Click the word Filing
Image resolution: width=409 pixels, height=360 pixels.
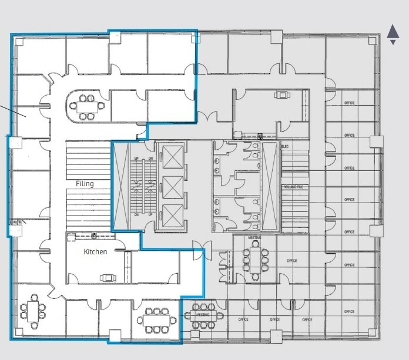pos(85,184)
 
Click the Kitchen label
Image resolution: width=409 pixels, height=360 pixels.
pos(95,252)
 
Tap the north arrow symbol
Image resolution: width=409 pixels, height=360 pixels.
pos(393,34)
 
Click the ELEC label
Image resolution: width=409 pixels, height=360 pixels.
pos(286,146)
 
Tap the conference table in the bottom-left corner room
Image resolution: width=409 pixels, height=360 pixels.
pos(32,312)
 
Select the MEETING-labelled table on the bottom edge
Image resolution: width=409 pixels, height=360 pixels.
pos(203,316)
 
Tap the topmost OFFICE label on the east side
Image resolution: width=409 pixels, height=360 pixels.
pos(350,103)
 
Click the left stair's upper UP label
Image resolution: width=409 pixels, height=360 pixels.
pos(136,159)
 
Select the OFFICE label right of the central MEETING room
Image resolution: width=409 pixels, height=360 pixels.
pos(292,260)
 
